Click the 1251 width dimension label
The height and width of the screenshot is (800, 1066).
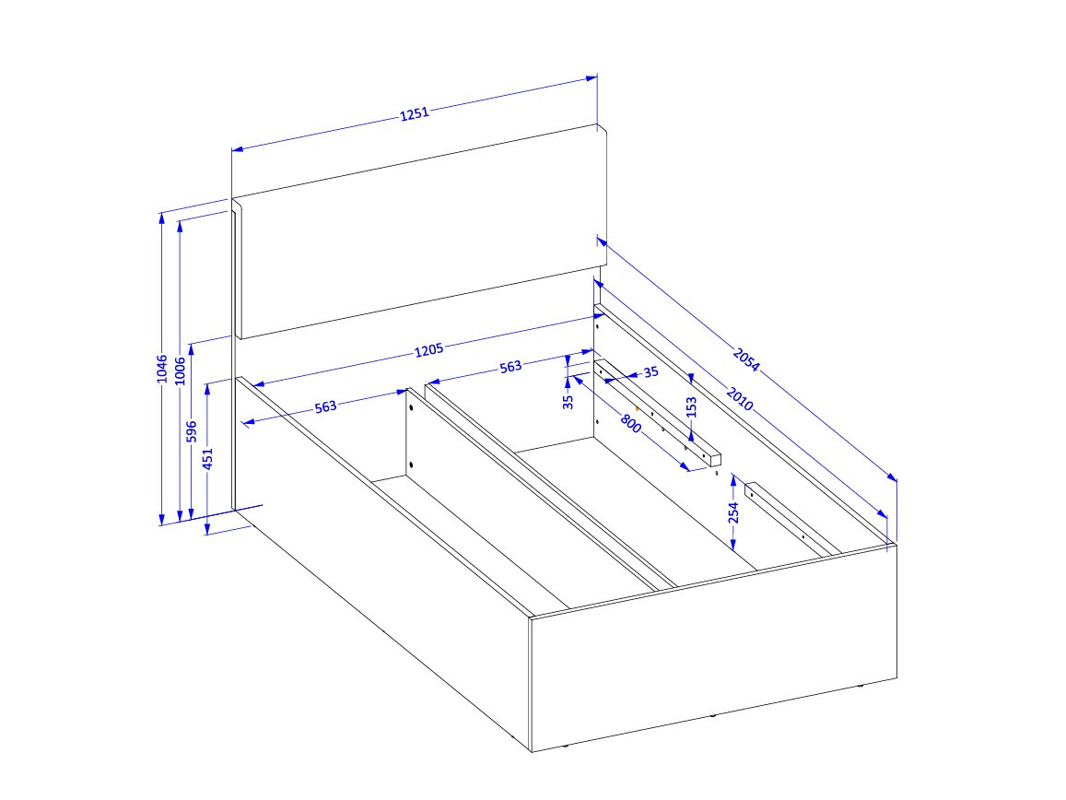(415, 114)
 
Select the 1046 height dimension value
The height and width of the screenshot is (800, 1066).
(162, 369)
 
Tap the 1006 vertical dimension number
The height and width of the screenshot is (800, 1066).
(181, 369)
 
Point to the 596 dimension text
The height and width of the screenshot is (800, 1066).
(192, 432)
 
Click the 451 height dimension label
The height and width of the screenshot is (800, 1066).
(208, 459)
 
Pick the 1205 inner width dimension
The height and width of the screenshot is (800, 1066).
(428, 349)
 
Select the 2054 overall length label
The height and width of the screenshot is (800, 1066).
(746, 359)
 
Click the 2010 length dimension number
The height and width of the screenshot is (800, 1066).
(740, 399)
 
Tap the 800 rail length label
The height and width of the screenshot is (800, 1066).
(630, 424)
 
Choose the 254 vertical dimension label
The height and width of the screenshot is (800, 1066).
(734, 512)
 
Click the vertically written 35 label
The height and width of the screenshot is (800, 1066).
(568, 400)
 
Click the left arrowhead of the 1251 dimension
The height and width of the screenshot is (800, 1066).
(235, 148)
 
